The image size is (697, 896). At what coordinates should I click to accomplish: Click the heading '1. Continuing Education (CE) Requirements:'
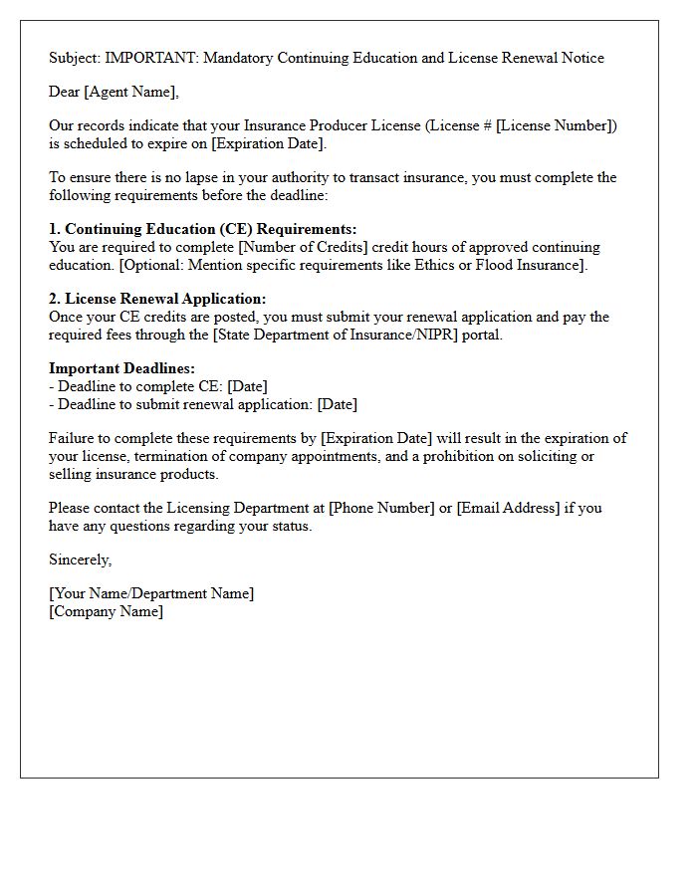202,229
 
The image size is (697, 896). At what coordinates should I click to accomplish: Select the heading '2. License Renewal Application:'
157,299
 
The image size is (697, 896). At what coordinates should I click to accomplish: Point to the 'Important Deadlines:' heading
121,368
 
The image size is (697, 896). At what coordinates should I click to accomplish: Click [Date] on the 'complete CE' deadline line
247,386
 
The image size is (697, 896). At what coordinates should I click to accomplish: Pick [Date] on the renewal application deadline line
337,404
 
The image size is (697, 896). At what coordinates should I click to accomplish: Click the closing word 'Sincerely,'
80,560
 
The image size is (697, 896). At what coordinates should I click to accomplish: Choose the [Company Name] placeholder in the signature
107,611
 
